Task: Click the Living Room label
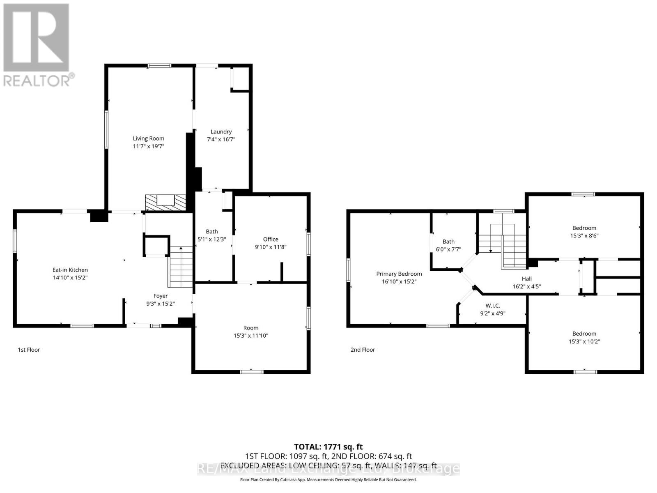[148, 138]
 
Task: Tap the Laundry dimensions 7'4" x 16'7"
[221, 139]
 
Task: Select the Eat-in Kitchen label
[70, 270]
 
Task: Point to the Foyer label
[161, 296]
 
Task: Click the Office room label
[271, 239]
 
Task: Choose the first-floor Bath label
[212, 232]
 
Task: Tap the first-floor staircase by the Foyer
[181, 267]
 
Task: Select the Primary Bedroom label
[399, 274]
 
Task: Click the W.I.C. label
[492, 306]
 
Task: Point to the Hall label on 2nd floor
[526, 279]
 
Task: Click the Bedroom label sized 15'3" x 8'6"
[584, 228]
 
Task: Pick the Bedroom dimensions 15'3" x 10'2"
[584, 341]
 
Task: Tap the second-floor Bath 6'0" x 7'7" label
[448, 242]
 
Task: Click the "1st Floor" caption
[29, 350]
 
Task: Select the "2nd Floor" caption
[363, 350]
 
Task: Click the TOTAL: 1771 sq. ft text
[328, 447]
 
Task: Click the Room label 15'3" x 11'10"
[250, 328]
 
